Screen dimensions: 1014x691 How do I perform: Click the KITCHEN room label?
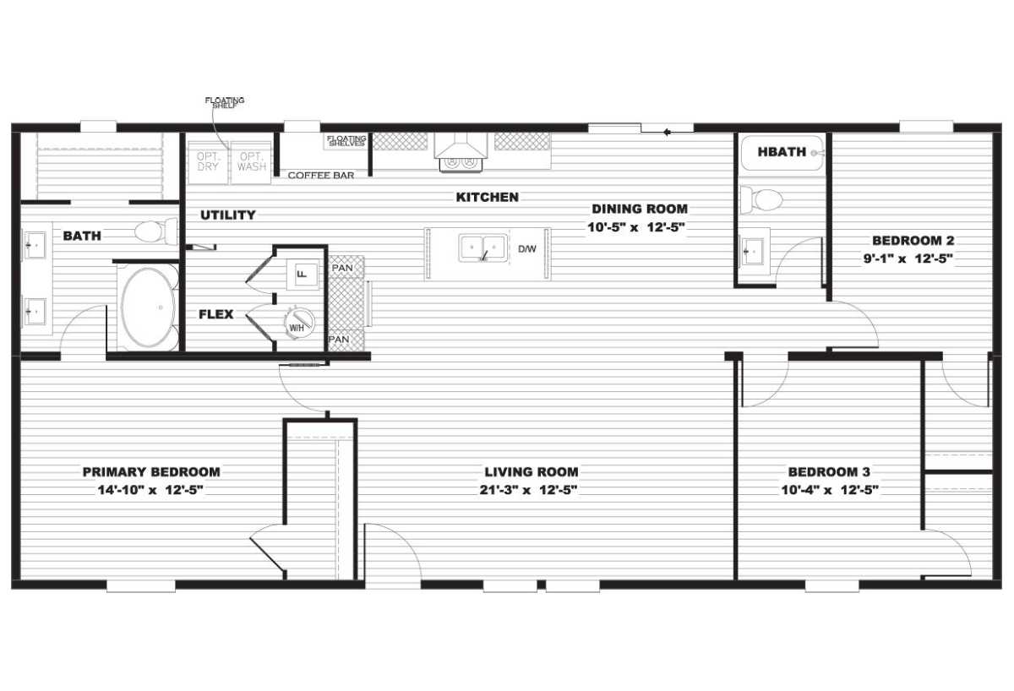[x=487, y=198]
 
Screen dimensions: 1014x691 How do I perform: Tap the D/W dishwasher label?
[x=527, y=249]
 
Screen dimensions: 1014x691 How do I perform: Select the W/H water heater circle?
[x=299, y=323]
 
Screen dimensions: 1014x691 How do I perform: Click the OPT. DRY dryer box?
[x=208, y=162]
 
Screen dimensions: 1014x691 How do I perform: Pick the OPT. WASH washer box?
[x=251, y=162]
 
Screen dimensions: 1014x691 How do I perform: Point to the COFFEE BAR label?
[x=321, y=175]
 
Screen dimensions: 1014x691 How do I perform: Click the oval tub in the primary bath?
[x=148, y=307]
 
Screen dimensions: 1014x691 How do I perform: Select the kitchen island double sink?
[x=483, y=248]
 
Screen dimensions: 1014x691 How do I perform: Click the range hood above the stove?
[x=461, y=145]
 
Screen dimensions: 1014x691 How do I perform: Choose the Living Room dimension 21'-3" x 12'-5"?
[x=528, y=490]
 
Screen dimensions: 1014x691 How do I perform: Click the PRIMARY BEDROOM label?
[x=151, y=472]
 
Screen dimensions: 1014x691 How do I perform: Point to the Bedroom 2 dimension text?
[x=908, y=258]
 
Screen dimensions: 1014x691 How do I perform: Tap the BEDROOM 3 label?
[x=829, y=472]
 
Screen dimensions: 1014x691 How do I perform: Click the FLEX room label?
[x=216, y=314]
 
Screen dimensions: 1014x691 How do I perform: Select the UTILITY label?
[x=228, y=215]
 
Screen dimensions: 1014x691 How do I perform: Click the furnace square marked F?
[x=303, y=275]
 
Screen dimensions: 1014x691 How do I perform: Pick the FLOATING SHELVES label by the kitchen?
[x=346, y=141]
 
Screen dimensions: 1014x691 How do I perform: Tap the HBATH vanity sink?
[x=753, y=252]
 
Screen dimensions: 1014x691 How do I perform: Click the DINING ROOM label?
[x=640, y=209]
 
